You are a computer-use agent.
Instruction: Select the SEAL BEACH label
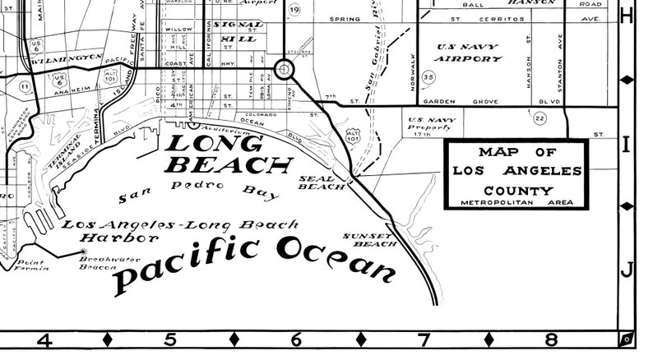316,182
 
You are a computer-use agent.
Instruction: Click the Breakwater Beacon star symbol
81,252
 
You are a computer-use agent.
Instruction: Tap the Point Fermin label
33,265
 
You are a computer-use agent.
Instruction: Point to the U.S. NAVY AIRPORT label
469,53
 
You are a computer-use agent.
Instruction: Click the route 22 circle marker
540,118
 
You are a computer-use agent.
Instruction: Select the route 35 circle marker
428,77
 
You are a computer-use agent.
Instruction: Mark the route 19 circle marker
294,10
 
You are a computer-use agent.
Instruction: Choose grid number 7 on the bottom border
424,339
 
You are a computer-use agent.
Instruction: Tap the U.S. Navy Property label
431,125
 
